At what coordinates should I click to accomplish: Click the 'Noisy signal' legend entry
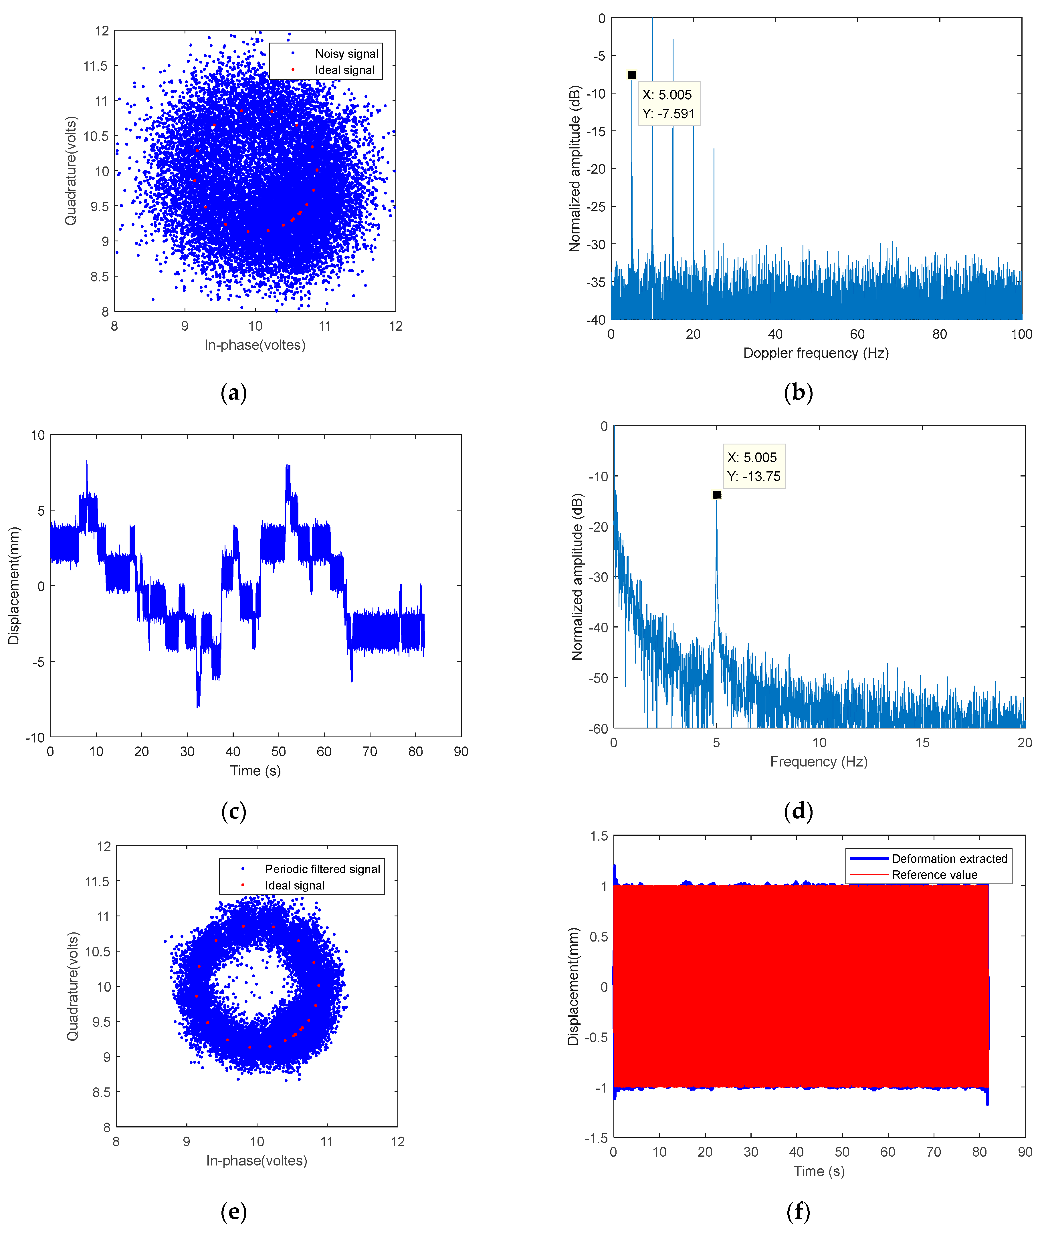tap(346, 54)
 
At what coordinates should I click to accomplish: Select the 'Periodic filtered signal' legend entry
tap(322, 869)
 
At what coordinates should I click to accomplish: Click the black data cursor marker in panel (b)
tap(631, 75)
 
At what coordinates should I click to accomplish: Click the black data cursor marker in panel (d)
tap(716, 494)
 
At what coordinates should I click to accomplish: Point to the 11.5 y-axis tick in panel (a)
tap(96, 65)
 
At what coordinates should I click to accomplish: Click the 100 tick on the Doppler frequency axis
tap(1021, 334)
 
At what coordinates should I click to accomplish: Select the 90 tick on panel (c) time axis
tap(461, 752)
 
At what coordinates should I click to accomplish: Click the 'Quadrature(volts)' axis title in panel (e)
tap(72, 986)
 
